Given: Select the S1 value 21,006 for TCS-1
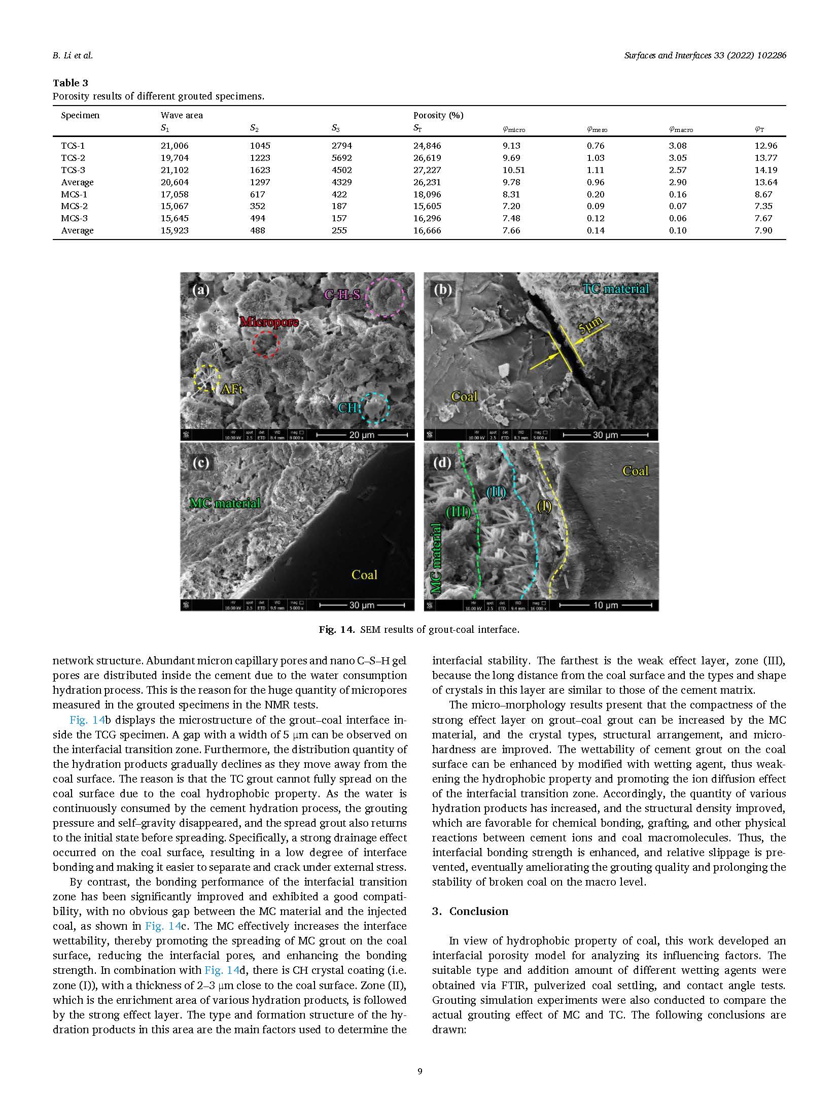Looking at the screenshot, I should (x=174, y=146).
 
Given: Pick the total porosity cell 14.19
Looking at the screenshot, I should (x=765, y=170).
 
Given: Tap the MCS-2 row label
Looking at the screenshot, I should (x=73, y=206).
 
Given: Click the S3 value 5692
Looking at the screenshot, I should (x=342, y=158).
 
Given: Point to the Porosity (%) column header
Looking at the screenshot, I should (x=438, y=115).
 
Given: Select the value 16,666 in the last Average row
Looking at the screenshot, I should (x=427, y=230).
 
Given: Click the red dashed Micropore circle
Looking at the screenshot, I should (x=266, y=345).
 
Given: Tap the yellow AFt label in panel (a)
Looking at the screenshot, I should (x=232, y=389).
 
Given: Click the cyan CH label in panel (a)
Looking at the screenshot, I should (x=348, y=407).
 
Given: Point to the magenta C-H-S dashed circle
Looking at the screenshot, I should (x=385, y=297).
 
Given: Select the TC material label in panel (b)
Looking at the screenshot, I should (x=615, y=289).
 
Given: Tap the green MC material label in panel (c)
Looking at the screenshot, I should (x=225, y=503).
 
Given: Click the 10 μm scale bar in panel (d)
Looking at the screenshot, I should (x=605, y=605).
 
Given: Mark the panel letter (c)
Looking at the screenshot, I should (x=201, y=463).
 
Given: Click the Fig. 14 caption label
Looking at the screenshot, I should (x=335, y=630).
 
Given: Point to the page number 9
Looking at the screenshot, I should (x=419, y=1071).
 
